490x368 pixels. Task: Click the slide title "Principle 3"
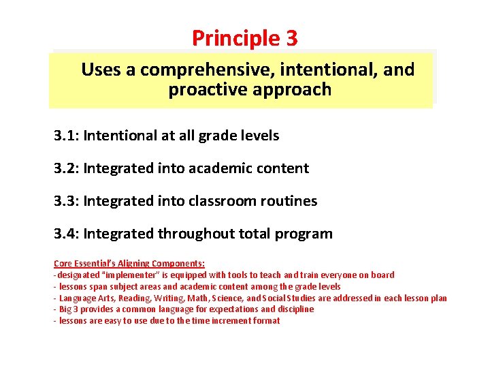pos(244,38)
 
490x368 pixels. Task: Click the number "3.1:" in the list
pos(67,136)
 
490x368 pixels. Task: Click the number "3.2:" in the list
pos(67,168)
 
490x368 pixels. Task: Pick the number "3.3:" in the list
pos(67,201)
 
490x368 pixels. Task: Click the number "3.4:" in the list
pos(67,234)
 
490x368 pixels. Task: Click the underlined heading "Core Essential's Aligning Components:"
pos(129,263)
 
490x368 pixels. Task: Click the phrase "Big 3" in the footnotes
pos(70,309)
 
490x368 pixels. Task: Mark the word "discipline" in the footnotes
pos(293,309)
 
